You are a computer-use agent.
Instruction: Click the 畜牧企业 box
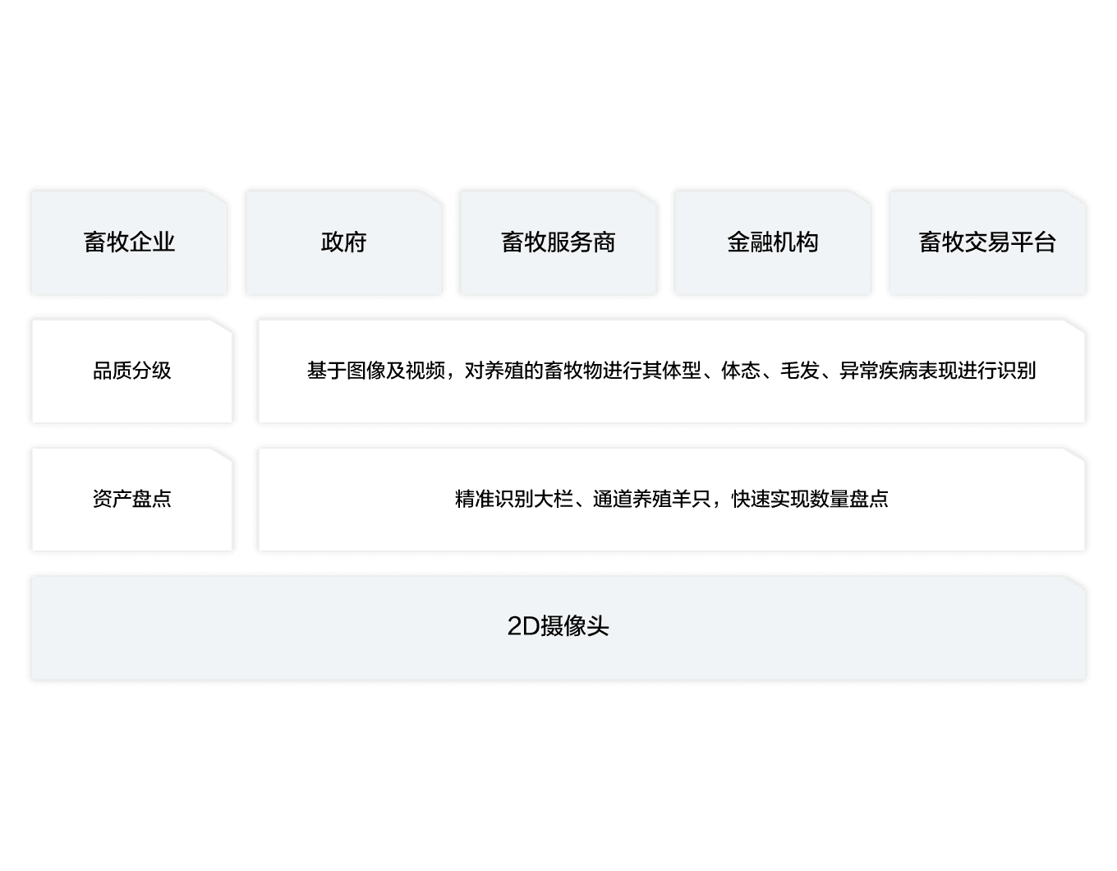click(129, 242)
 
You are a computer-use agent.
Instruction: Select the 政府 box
click(343, 242)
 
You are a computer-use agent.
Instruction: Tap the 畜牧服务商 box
click(558, 242)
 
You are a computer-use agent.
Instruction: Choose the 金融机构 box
click(772, 242)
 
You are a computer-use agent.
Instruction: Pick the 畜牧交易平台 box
click(987, 242)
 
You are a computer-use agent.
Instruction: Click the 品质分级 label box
click(131, 371)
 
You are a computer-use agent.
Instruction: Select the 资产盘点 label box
click(131, 500)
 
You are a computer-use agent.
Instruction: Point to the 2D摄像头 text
click(558, 627)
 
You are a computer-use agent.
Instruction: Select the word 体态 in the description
click(740, 371)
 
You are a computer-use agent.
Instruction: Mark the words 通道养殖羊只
click(651, 500)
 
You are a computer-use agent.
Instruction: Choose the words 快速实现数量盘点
click(809, 500)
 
